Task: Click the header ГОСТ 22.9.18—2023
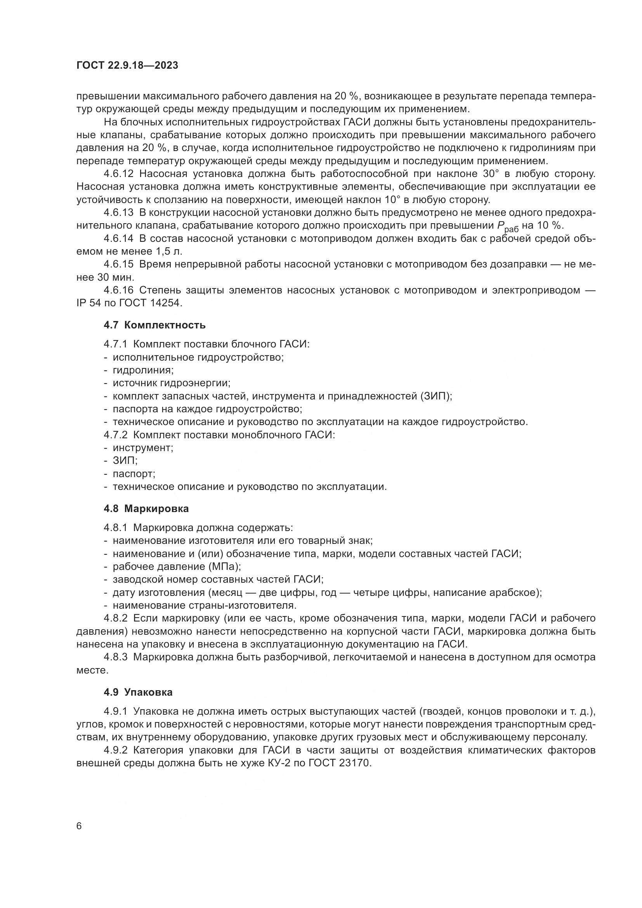pos(127,66)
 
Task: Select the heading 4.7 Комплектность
pos(154,325)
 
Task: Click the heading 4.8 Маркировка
pos(146,509)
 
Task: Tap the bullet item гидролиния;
pos(143,370)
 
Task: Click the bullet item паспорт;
pos(134,473)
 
